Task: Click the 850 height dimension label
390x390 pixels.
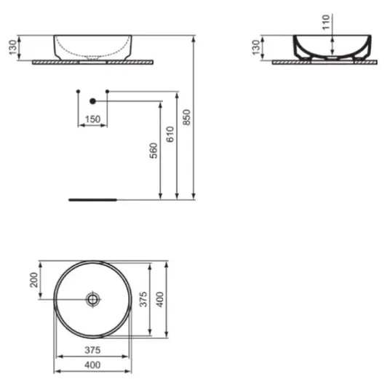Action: (x=186, y=117)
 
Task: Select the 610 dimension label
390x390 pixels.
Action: (x=170, y=135)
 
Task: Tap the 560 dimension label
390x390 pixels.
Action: (x=154, y=151)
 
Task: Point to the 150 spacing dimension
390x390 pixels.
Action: (x=93, y=119)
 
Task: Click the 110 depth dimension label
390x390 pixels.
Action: (x=326, y=22)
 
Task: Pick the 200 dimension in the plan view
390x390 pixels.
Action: (x=33, y=280)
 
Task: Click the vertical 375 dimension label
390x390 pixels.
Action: (x=143, y=299)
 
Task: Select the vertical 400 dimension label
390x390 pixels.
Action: (x=160, y=299)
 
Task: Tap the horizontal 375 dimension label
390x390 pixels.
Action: (x=92, y=350)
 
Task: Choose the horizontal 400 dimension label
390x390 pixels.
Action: (x=92, y=365)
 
